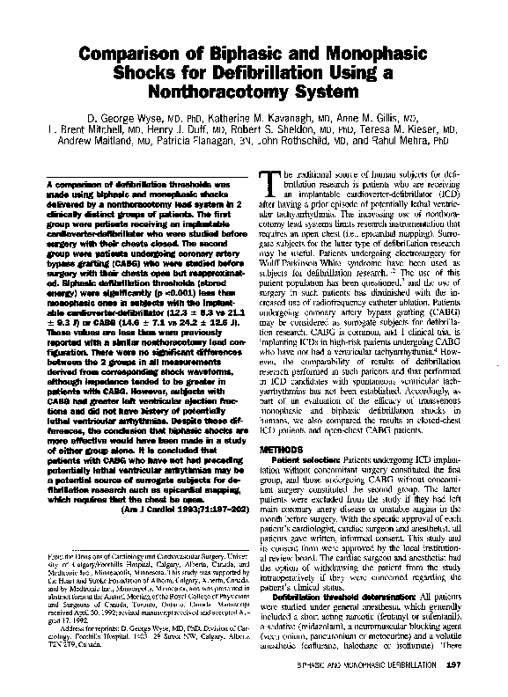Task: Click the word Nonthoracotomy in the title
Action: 225,91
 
